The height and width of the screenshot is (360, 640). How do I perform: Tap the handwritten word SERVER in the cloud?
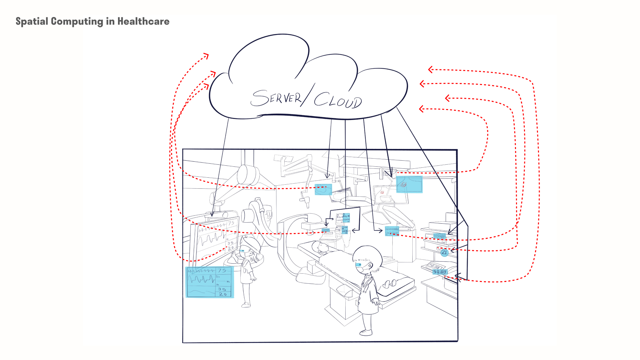point(276,98)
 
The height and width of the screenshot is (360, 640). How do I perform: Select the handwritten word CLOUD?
point(338,100)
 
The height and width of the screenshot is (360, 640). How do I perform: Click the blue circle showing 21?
point(444,253)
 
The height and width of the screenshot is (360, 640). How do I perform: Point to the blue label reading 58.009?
point(440,272)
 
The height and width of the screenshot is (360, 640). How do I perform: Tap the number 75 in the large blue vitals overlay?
point(222,271)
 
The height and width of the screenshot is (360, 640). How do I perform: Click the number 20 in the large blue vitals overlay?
point(223,294)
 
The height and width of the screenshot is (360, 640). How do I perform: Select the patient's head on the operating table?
point(322,247)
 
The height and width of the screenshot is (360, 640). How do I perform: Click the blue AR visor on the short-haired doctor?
point(359,265)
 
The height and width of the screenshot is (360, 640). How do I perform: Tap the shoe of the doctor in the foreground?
point(366,332)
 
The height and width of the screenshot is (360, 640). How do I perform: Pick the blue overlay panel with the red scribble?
point(409,184)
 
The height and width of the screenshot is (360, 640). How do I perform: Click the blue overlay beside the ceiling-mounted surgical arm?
point(323,189)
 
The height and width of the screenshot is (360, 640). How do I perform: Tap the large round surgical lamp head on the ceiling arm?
point(248,174)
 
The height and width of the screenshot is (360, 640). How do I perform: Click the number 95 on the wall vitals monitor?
point(230,243)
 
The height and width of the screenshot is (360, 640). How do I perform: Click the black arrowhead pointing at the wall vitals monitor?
point(212,215)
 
